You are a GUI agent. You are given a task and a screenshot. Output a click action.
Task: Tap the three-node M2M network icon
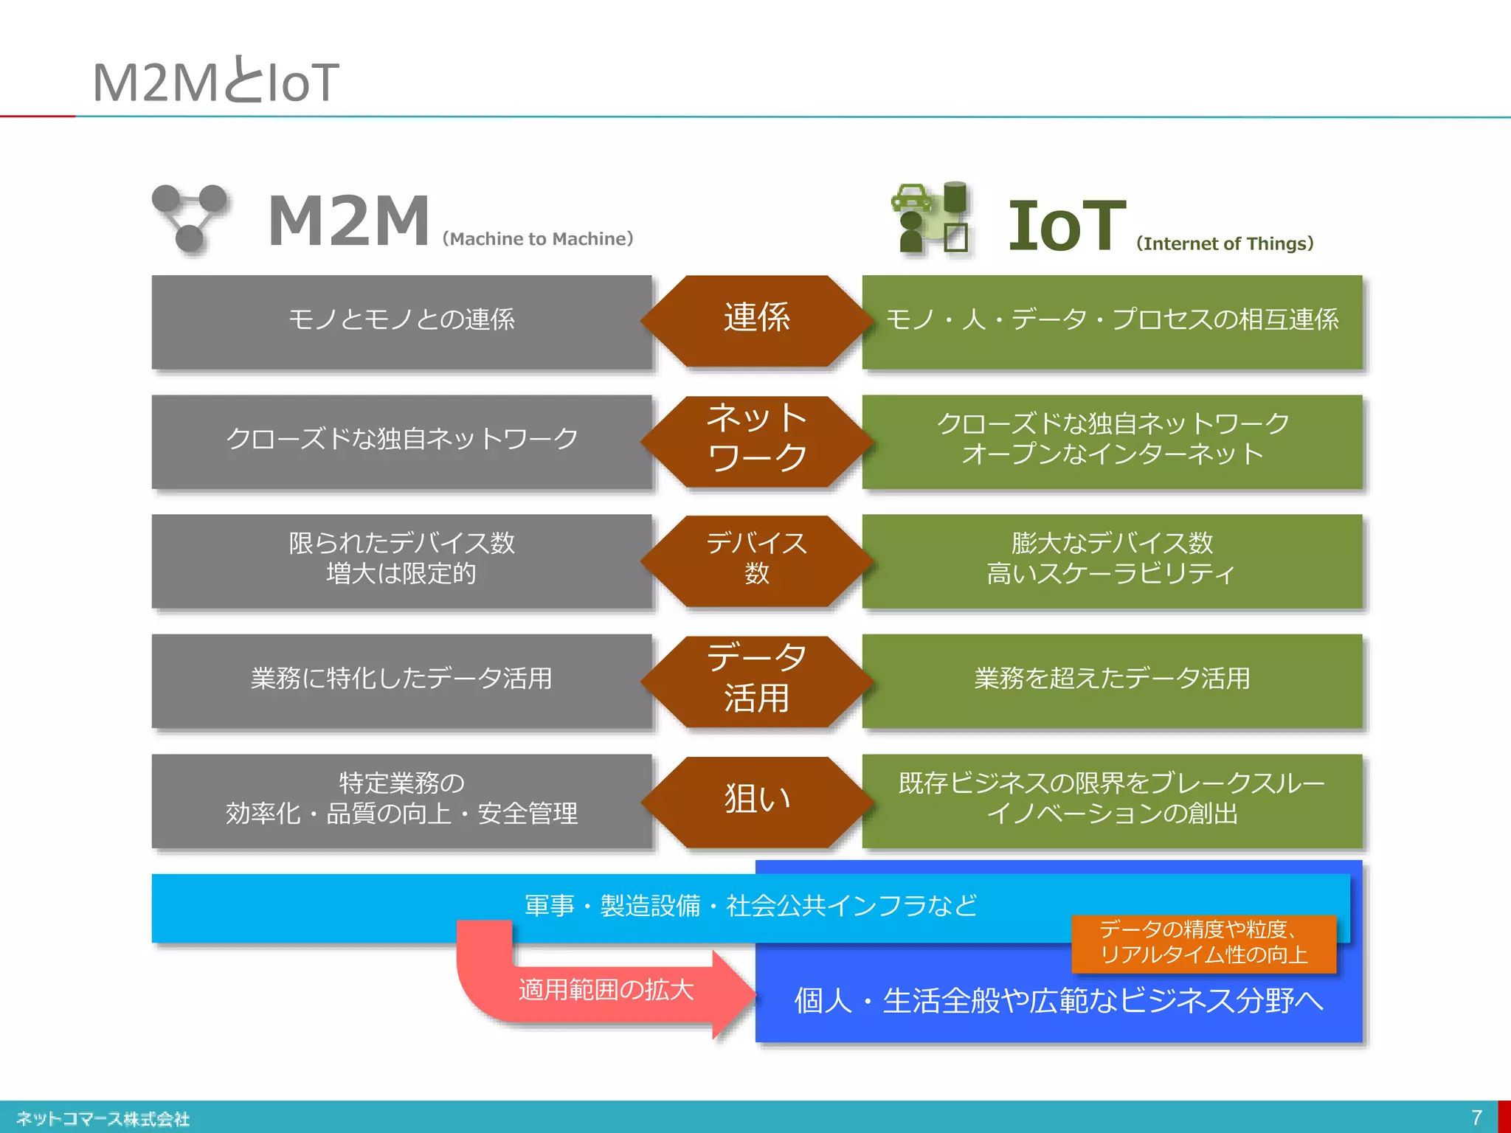pyautogui.click(x=190, y=218)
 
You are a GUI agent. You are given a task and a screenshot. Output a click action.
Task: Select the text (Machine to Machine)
pyautogui.click(x=538, y=239)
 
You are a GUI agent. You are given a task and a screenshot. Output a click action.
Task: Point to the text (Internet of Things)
pyautogui.click(x=1225, y=243)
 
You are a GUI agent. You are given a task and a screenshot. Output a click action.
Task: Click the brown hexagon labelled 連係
pyautogui.click(x=757, y=319)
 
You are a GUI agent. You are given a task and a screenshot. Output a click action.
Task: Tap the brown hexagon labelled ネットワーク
pyautogui.click(x=757, y=440)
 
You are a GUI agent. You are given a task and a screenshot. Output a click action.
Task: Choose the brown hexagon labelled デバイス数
pyautogui.click(x=757, y=560)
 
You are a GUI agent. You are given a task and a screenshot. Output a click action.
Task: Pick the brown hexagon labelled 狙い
pyautogui.click(x=757, y=800)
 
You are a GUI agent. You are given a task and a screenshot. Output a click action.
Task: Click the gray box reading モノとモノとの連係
pyautogui.click(x=401, y=321)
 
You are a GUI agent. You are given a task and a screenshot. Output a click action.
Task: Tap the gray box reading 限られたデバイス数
pyautogui.click(x=401, y=560)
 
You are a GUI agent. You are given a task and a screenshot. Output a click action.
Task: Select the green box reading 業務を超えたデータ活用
pyautogui.click(x=1111, y=679)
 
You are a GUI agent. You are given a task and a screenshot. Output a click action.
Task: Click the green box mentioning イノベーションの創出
pyautogui.click(x=1111, y=800)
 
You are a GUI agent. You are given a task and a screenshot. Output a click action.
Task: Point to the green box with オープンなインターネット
pyautogui.click(x=1111, y=440)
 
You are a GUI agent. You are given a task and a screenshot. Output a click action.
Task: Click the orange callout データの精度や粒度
pyautogui.click(x=1203, y=943)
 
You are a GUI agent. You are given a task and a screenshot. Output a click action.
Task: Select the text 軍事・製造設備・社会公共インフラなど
pyautogui.click(x=750, y=906)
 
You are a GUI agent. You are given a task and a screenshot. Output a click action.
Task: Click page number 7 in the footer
pyautogui.click(x=1476, y=1118)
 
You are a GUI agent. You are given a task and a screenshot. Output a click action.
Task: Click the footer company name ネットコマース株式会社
pyautogui.click(x=103, y=1119)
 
